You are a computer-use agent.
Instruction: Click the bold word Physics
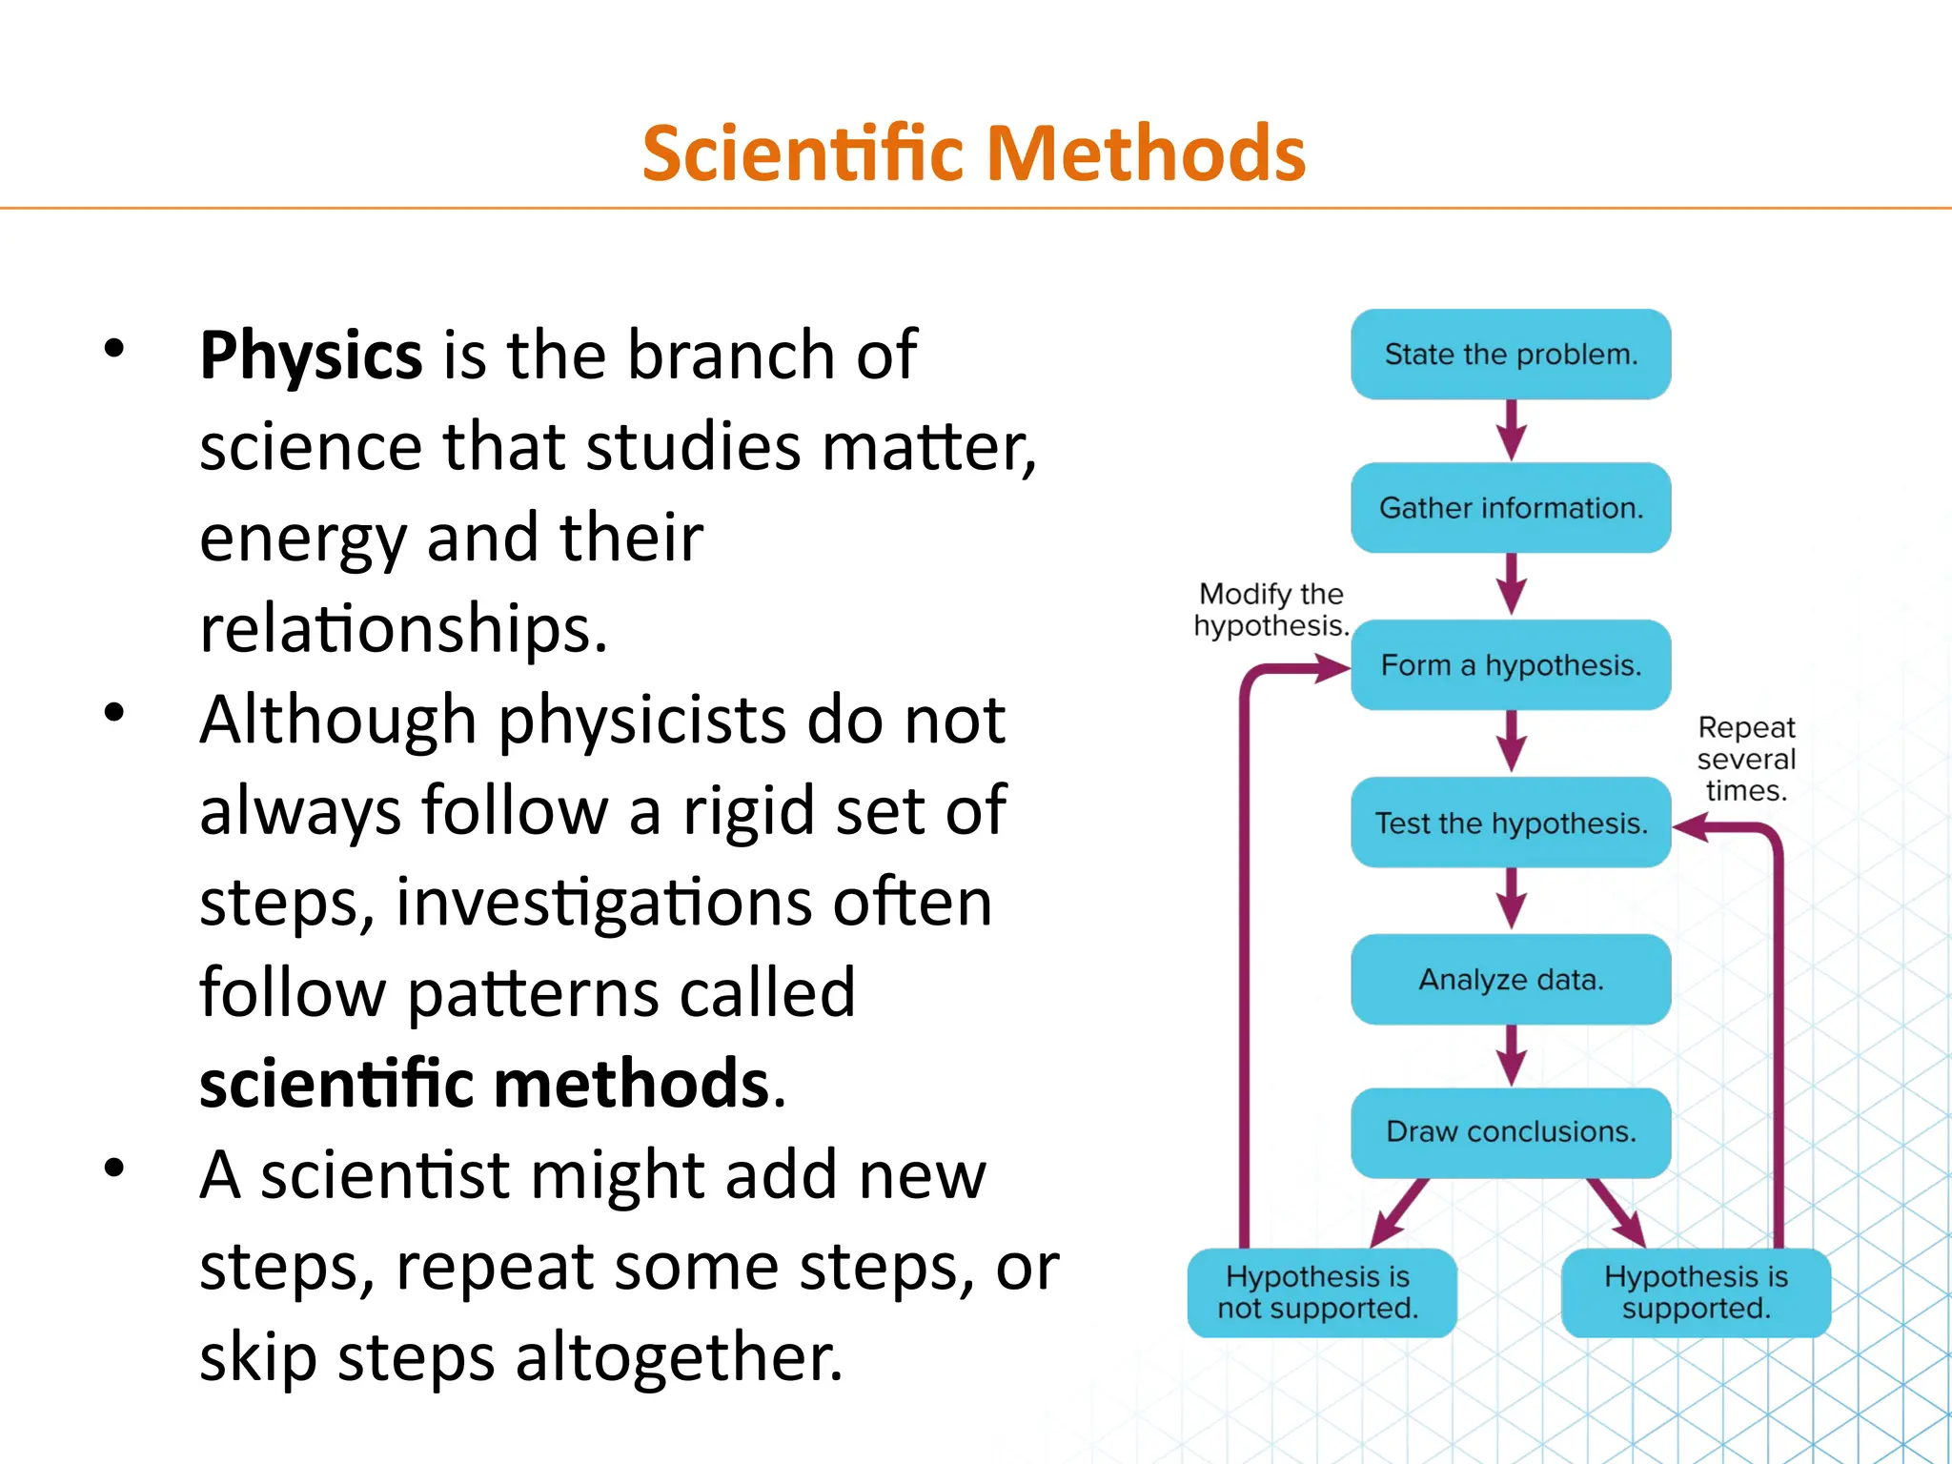(x=311, y=356)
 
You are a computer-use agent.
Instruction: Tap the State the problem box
(x=1511, y=355)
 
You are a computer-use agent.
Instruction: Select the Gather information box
(x=1511, y=508)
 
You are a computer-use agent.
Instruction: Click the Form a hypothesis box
(x=1511, y=665)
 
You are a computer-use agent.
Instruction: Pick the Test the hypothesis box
(x=1511, y=823)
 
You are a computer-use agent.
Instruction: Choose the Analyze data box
(x=1511, y=980)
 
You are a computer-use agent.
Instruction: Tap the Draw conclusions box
(x=1511, y=1132)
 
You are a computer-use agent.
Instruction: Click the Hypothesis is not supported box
(x=1321, y=1292)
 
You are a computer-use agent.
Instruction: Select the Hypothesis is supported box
(x=1696, y=1292)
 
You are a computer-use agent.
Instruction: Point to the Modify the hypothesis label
(x=1271, y=610)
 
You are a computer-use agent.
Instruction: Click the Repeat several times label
(x=1746, y=759)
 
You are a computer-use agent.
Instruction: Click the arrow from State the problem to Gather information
(x=1512, y=430)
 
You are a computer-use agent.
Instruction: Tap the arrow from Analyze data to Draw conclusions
(x=1512, y=1055)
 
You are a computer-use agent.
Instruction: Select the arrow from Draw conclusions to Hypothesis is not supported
(x=1399, y=1212)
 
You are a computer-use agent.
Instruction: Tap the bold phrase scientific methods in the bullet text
(x=485, y=1084)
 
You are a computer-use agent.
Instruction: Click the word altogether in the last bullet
(x=679, y=1357)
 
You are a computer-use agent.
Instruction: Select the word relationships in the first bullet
(x=403, y=629)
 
